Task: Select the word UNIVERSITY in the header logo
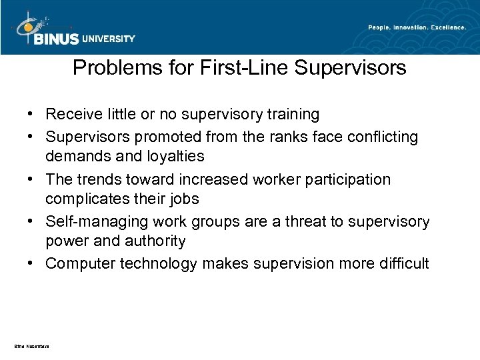coord(109,39)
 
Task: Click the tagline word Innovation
coord(401,27)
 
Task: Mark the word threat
coord(298,221)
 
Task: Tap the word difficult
coord(405,264)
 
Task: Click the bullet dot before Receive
coord(33,115)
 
